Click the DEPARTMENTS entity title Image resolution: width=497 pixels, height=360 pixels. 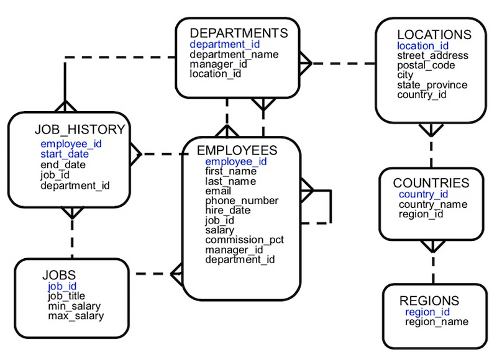[239, 33]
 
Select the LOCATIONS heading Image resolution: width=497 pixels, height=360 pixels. [434, 34]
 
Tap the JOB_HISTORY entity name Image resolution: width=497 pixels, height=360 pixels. [80, 130]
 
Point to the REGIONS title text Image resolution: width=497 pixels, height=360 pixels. [429, 300]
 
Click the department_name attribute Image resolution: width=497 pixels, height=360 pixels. [234, 54]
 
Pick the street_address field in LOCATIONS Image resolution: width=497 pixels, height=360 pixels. [432, 56]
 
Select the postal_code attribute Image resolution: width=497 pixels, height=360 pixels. [426, 65]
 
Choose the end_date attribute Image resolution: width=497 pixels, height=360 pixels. [63, 164]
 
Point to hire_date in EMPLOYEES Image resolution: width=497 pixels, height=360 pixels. [228, 210]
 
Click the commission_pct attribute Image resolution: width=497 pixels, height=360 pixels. [244, 240]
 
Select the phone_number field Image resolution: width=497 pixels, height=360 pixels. [242, 200]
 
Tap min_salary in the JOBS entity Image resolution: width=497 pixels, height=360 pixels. [74, 306]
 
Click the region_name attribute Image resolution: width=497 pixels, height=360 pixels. [437, 322]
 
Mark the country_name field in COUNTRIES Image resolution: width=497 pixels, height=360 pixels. [434, 204]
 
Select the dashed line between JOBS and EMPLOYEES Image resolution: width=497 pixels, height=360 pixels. [152, 273]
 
